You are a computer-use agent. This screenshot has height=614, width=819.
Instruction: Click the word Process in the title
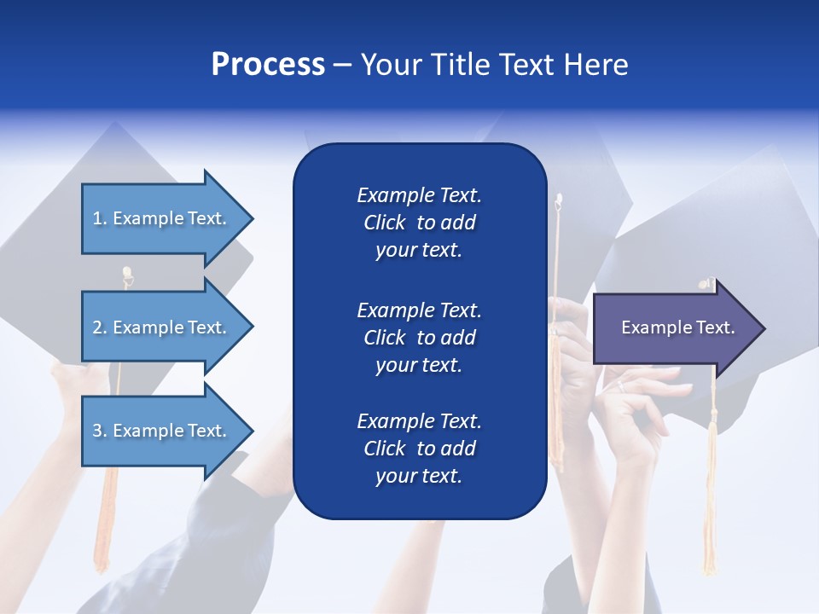pyautogui.click(x=268, y=65)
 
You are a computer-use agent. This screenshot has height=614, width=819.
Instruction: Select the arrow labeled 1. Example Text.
pyautogui.click(x=162, y=218)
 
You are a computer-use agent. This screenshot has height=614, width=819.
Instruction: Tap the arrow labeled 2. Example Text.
pyautogui.click(x=162, y=327)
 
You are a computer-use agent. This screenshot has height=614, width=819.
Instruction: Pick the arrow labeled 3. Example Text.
pyautogui.click(x=162, y=431)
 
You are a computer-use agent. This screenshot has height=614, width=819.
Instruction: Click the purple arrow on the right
pyautogui.click(x=674, y=327)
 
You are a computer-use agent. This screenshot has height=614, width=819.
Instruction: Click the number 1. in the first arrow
pyautogui.click(x=100, y=218)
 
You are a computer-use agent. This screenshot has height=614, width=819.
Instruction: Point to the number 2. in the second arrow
pyautogui.click(x=100, y=327)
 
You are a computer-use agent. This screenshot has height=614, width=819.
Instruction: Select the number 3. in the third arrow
pyautogui.click(x=100, y=431)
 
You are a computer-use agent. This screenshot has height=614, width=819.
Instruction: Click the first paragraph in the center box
pyautogui.click(x=419, y=223)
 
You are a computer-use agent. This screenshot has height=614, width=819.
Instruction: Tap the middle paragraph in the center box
pyautogui.click(x=419, y=337)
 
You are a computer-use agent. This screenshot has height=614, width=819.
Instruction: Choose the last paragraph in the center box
pyautogui.click(x=419, y=449)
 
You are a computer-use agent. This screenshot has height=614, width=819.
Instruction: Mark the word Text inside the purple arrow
pyautogui.click(x=715, y=327)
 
